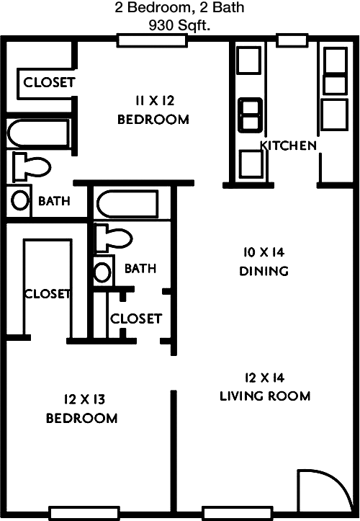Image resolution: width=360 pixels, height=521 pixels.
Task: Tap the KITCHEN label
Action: [x=289, y=146]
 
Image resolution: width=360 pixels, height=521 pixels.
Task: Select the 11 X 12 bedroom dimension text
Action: [x=153, y=100]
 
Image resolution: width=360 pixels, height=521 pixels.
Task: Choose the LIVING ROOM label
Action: [x=266, y=396]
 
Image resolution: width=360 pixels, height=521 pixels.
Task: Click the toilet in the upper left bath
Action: [x=30, y=168]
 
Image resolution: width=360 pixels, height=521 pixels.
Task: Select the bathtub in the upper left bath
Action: [x=38, y=134]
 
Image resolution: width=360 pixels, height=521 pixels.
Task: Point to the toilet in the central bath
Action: [x=113, y=238]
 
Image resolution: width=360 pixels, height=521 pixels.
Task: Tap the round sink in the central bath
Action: [x=104, y=272]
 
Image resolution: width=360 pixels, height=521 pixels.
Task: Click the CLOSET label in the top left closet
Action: [x=48, y=82]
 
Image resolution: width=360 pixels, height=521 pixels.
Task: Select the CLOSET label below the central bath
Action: [x=135, y=318]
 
